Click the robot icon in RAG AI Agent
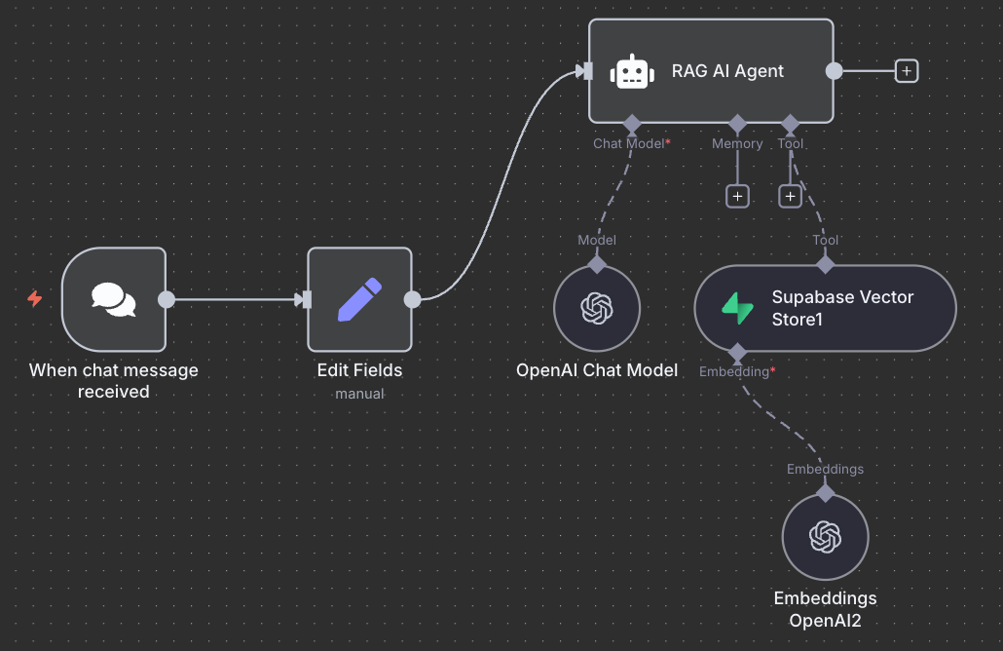point(632,71)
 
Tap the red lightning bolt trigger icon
point(35,298)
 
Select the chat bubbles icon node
point(114,299)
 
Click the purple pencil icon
point(359,299)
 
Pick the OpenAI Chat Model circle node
point(597,309)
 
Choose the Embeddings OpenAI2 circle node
point(825,536)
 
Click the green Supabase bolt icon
point(737,308)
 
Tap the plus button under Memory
point(737,196)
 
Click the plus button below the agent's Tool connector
point(790,196)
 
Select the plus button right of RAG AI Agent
point(907,70)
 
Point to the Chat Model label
point(628,143)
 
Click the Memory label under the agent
point(737,143)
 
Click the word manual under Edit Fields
point(359,394)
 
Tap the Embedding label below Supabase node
point(733,371)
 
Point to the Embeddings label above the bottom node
point(825,469)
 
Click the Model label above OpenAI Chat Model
point(597,240)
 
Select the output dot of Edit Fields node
point(412,299)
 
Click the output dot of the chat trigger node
point(167,299)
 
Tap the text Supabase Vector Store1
point(842,308)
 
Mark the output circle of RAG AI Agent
point(834,70)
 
